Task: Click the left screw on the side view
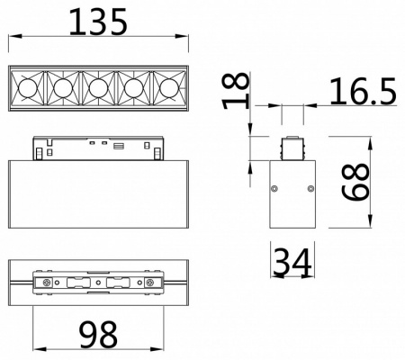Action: (x=274, y=189)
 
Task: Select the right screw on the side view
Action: (x=310, y=189)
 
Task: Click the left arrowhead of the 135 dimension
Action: (x=11, y=38)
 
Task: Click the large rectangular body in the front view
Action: (x=99, y=198)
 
